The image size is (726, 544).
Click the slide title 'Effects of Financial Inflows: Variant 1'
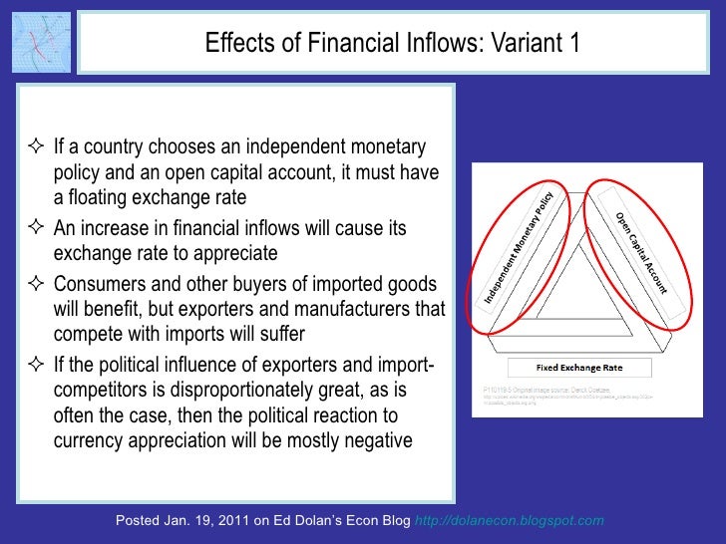[391, 44]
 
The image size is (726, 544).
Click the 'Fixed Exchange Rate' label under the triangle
[578, 368]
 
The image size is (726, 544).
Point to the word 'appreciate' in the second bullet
[237, 249]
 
